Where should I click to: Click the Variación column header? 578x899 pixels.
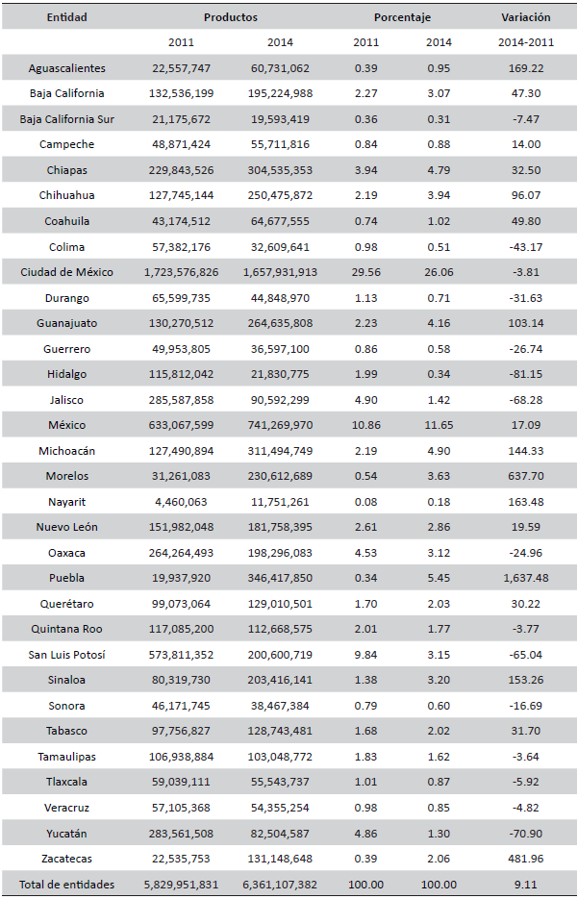pos(525,17)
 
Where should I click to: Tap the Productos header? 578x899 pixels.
pos(231,17)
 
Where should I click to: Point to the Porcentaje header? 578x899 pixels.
pos(402,17)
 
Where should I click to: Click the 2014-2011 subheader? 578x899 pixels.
pos(525,42)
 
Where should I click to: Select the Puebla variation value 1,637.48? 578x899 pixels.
pos(525,578)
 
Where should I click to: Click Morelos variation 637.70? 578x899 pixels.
pos(525,476)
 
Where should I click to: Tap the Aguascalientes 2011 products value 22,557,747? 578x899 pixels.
pos(181,68)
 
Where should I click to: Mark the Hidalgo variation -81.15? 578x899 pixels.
pos(525,374)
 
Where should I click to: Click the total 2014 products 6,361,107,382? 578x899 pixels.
pos(284,884)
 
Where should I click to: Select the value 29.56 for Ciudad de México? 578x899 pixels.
pos(365,272)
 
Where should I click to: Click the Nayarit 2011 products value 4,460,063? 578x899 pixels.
pos(181,501)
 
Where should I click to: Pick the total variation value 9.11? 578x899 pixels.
pos(525,884)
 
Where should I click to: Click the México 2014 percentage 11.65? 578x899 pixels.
pos(438,425)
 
